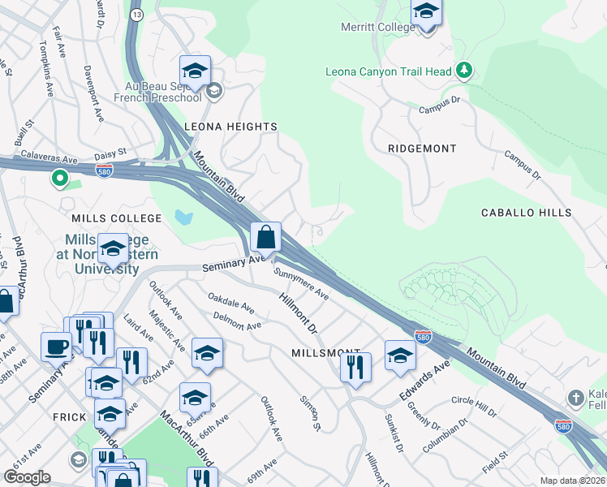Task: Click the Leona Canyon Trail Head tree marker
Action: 463,71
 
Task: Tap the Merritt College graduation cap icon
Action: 425,12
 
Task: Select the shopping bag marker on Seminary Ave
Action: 265,239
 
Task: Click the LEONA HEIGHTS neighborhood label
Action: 230,127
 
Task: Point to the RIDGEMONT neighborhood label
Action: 421,149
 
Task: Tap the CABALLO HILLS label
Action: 526,213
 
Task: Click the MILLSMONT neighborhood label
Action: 320,353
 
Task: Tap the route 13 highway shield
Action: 136,14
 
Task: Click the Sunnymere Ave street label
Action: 301,284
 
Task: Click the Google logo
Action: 28,477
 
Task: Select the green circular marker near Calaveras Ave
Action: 59,178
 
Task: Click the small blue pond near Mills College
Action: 183,218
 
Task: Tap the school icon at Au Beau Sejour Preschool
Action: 214,90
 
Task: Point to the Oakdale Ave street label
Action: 231,304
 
